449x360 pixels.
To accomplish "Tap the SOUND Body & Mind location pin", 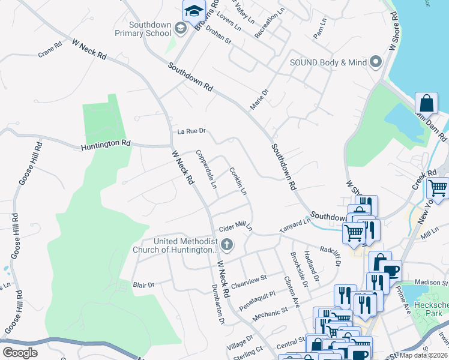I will [376, 62].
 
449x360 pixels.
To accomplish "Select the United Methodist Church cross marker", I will [226, 244].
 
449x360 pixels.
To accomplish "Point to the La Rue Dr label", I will [191, 131].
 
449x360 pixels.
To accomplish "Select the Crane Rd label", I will [50, 46].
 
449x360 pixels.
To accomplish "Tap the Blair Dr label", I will [143, 284].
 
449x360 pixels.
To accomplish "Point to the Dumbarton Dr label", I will [217, 312].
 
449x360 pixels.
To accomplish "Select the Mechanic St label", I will [268, 311].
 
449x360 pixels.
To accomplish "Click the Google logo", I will [20, 353].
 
